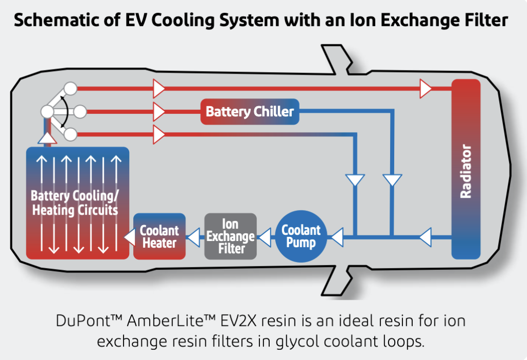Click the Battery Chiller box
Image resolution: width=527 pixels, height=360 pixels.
pyautogui.click(x=250, y=111)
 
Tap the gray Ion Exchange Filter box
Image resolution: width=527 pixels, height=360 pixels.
pyautogui.click(x=230, y=236)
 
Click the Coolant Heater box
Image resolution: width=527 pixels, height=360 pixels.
pyautogui.click(x=160, y=236)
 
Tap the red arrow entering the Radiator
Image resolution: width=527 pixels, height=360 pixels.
pyautogui.click(x=425, y=89)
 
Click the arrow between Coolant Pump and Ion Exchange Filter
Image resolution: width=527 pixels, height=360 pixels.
pyautogui.click(x=264, y=237)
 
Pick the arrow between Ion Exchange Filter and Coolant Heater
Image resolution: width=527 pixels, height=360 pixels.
pyautogui.click(x=194, y=237)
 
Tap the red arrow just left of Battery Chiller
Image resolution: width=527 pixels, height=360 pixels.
pyautogui.click(x=159, y=111)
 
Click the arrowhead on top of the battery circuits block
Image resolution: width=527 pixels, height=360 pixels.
pyautogui.click(x=46, y=137)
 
